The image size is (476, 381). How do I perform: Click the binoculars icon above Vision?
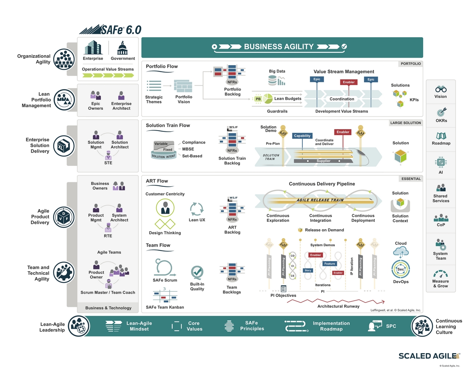pos(441,89)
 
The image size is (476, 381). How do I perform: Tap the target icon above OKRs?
pos(441,112)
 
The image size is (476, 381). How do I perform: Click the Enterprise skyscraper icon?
pos(93,48)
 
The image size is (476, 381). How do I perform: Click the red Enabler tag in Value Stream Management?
pos(348,82)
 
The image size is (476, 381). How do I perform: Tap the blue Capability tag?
pos(302,136)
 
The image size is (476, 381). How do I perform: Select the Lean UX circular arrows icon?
pos(197,209)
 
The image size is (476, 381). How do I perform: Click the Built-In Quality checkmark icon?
pos(197,273)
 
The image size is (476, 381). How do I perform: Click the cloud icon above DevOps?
pos(401,252)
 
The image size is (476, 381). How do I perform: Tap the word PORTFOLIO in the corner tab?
pos(411,64)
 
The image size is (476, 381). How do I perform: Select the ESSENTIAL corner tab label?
pos(411,179)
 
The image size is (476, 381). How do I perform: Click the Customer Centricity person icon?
pos(165,208)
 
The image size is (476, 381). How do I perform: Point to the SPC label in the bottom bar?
pos(391,326)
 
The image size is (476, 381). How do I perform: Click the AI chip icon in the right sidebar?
pos(441,162)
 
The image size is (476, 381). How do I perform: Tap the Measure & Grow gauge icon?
pos(441,274)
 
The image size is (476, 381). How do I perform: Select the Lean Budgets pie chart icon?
pos(268,99)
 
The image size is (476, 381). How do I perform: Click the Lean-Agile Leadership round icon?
pos(79,326)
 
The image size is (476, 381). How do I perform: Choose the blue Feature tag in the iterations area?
pos(329,264)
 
